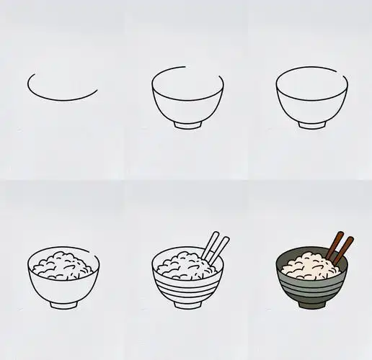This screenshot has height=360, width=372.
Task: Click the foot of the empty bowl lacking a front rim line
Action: click(188, 125)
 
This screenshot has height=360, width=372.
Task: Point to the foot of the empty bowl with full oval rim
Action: click(311, 125)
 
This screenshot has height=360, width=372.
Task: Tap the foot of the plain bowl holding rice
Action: click(64, 306)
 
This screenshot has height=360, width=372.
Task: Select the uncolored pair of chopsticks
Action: click(213, 247)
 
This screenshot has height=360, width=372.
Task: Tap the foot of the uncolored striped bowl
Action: click(188, 306)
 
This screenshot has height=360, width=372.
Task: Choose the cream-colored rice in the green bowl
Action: click(309, 267)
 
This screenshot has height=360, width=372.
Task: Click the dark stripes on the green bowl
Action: click(311, 286)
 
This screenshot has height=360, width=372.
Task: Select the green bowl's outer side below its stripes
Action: click(312, 296)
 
